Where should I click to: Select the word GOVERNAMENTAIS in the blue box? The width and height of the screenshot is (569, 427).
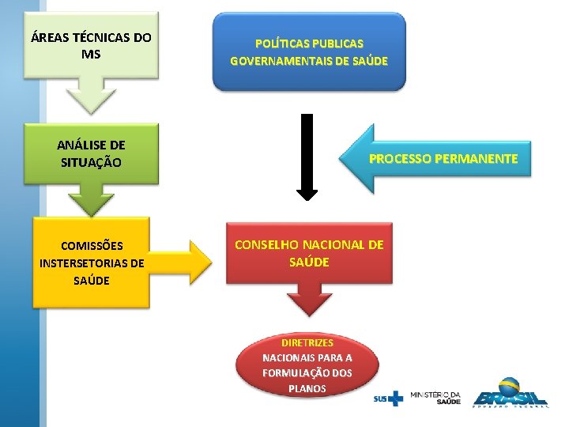click(281, 61)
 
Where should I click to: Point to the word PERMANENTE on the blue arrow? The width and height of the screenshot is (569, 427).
click(478, 159)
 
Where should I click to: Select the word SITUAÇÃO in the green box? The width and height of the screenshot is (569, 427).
click(91, 163)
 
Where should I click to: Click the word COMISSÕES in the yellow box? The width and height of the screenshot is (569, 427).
click(92, 246)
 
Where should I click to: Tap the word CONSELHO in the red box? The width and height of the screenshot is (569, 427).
click(267, 245)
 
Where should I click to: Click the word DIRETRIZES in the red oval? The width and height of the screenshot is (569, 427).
click(307, 343)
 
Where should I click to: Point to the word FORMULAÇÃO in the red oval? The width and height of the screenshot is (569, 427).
click(296, 373)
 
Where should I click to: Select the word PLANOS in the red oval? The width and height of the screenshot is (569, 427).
click(307, 388)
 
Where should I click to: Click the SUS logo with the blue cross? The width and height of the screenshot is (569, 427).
click(388, 398)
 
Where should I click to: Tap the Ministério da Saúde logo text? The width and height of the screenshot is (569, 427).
click(435, 397)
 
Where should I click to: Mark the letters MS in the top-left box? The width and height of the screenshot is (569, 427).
click(91, 55)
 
